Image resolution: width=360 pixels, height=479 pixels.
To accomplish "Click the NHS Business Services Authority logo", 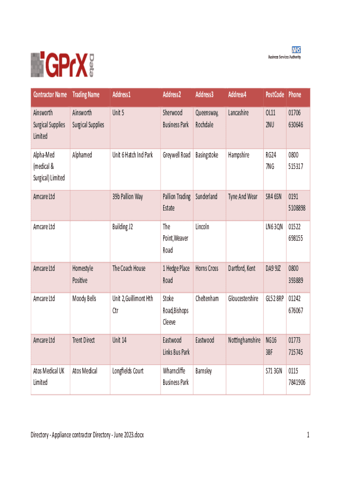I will [x=285, y=53].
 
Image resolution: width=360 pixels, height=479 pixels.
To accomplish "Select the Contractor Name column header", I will [x=50, y=95].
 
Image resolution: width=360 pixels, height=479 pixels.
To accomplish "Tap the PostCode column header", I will [x=274, y=95].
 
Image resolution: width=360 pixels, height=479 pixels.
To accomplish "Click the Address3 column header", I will [x=204, y=95].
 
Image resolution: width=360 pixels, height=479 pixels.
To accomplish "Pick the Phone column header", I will [x=295, y=95].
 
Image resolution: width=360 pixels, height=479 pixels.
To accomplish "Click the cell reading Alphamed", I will [x=82, y=155].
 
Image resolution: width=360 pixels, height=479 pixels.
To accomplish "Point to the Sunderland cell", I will [x=206, y=197].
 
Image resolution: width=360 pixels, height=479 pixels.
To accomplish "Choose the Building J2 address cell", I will [x=122, y=227].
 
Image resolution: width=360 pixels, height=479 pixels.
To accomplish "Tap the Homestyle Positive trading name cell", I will [x=83, y=274].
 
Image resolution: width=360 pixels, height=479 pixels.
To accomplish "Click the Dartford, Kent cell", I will [x=242, y=269].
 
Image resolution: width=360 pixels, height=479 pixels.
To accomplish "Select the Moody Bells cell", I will [x=84, y=298].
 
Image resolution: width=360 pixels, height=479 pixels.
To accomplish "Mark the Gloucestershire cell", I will [x=243, y=298].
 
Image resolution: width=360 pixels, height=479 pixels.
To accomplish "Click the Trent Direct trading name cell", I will [x=84, y=341].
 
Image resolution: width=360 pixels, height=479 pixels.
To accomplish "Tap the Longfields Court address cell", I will [x=128, y=371].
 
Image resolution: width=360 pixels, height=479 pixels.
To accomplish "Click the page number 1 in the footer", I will [x=308, y=435].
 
